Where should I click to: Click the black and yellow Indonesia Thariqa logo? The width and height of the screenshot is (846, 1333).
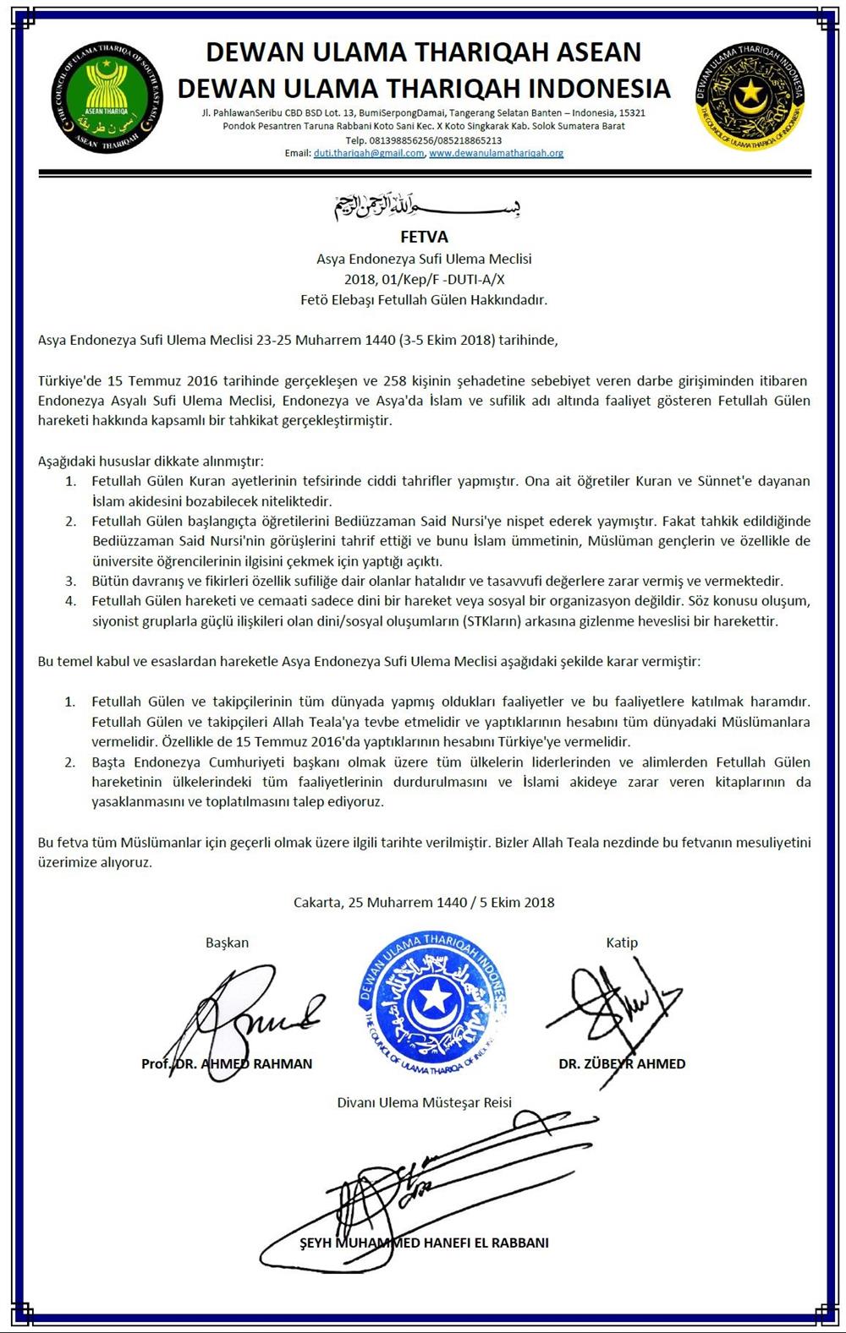click(749, 95)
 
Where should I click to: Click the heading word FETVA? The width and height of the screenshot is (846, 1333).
click(424, 237)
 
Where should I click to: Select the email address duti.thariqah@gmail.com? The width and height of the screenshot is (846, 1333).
click(368, 154)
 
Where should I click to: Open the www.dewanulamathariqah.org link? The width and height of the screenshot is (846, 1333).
click(496, 154)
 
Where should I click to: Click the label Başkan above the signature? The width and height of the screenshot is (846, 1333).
click(227, 942)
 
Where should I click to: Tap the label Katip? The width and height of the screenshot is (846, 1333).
click(622, 942)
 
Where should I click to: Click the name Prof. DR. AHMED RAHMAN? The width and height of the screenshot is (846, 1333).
click(227, 1063)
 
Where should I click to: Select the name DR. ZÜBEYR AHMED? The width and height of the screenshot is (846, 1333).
click(622, 1063)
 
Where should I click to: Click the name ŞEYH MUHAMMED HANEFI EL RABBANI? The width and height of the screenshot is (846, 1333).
click(424, 1243)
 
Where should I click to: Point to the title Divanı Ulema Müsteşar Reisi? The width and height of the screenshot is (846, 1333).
click(424, 1102)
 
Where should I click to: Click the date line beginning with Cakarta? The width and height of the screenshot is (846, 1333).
click(424, 902)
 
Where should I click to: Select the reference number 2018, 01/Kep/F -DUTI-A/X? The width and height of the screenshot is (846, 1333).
click(424, 279)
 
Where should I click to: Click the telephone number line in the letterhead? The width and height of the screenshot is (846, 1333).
click(424, 140)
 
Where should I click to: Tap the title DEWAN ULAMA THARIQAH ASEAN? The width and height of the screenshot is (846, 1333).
click(424, 52)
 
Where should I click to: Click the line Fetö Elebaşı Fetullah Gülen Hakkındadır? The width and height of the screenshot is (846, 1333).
click(424, 299)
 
